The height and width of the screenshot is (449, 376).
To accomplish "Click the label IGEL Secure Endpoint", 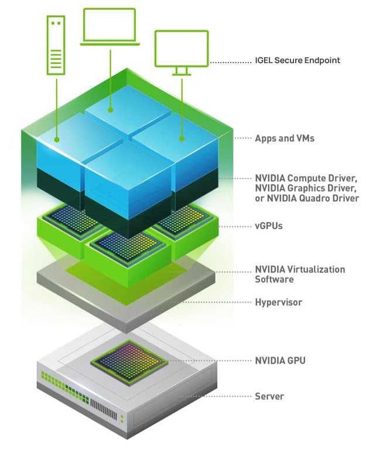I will (298, 60).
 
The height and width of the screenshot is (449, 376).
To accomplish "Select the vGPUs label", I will (269, 225).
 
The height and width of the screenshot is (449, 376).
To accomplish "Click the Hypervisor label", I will (278, 302).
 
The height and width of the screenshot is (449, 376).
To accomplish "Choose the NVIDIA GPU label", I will (280, 360).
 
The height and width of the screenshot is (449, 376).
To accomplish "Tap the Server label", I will (269, 396).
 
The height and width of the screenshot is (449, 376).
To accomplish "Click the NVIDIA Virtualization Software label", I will (299, 274).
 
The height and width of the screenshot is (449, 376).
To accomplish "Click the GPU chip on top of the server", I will (124, 357).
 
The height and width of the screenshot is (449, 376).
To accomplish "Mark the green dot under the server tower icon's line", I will (57, 140).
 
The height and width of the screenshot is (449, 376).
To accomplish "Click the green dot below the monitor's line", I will (182, 139).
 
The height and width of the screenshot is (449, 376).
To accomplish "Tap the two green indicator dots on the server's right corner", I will (122, 417).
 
